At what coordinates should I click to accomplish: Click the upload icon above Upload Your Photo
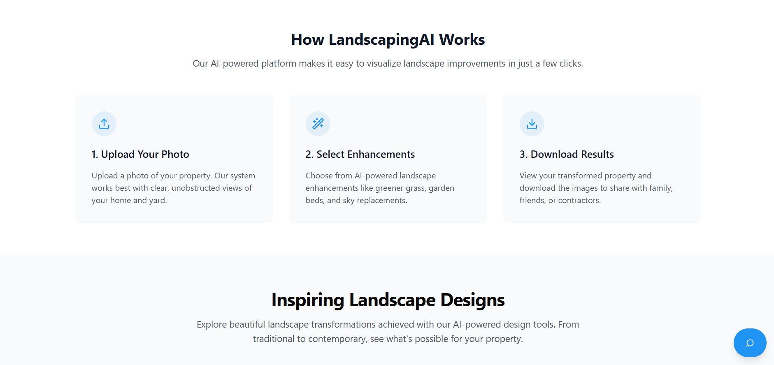click(104, 124)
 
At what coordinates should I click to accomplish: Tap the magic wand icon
click(318, 124)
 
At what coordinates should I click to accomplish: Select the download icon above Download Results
click(532, 124)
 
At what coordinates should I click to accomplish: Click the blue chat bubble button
click(750, 343)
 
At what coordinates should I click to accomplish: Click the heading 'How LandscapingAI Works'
click(388, 39)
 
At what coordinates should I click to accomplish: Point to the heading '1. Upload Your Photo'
click(140, 154)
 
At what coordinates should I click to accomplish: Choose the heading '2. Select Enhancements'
click(360, 154)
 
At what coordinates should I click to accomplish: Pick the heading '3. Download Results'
click(567, 154)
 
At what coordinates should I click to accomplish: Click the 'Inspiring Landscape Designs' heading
click(388, 300)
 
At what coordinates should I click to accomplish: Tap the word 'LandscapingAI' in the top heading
click(381, 39)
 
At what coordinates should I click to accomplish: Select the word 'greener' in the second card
click(389, 188)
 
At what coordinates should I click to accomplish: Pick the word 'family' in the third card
click(660, 188)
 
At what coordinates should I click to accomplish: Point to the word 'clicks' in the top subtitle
click(570, 63)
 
